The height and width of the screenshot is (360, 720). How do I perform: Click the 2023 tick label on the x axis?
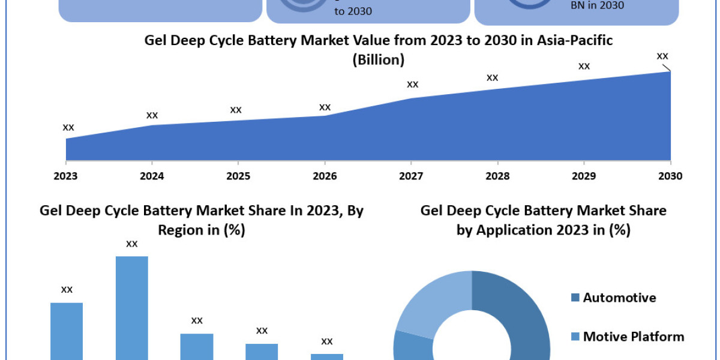pos(66,176)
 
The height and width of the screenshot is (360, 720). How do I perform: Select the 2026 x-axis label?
pos(325,176)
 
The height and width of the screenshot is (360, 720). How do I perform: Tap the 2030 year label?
pos(670,176)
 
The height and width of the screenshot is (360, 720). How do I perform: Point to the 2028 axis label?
pos(497,176)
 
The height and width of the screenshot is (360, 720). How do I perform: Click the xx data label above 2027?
pos(412,84)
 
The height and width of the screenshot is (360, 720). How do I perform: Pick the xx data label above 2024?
pos(152,115)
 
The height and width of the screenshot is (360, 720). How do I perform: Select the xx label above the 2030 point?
pos(662,56)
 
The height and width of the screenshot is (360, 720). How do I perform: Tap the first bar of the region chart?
pos(67,330)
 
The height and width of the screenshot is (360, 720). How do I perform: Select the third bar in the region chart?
pos(197,346)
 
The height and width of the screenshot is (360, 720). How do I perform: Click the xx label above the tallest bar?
pos(132,244)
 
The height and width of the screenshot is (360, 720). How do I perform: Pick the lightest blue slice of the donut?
pos(429,300)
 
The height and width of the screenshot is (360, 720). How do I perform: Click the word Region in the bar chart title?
pos(184,230)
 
